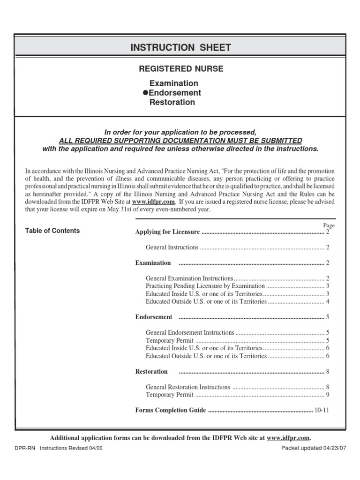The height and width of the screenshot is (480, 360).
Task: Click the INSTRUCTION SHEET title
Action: (180, 47)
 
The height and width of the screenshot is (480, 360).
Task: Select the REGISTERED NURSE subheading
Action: (181, 69)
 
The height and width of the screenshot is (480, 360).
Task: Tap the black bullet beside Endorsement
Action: (145, 93)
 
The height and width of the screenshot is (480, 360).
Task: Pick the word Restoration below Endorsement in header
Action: (172, 102)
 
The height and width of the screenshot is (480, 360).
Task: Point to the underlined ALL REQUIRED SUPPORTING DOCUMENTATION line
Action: (180, 141)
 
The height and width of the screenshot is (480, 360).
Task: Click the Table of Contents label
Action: (52, 231)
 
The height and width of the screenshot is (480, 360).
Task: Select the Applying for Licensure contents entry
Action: (167, 232)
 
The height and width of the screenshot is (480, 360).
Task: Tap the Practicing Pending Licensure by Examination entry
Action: (205, 286)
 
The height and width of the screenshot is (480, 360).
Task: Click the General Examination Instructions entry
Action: (189, 278)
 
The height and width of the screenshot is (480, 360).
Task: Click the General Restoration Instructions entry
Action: (188, 387)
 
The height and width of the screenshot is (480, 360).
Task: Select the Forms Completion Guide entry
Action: (171, 410)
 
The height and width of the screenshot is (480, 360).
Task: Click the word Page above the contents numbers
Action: (329, 225)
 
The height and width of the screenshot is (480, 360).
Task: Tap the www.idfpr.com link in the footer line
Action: (288, 438)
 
